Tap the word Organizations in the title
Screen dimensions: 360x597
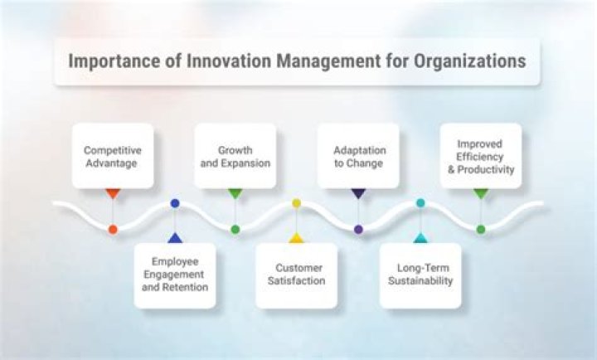click(x=468, y=61)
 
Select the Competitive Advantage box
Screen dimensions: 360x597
click(x=113, y=157)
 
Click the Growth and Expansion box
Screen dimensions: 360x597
click(x=235, y=157)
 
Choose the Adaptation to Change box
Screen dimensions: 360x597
click(x=358, y=157)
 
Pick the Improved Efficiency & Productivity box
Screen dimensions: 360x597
click(x=481, y=156)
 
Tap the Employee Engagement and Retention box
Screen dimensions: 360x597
click(x=174, y=275)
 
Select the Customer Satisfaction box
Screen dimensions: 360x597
click(x=296, y=275)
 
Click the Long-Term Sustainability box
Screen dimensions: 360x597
click(x=420, y=275)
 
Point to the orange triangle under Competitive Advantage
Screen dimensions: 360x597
click(x=113, y=193)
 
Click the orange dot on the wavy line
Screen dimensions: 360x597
click(x=113, y=229)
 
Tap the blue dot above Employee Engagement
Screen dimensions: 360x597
click(x=174, y=203)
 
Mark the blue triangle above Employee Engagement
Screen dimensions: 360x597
click(x=174, y=238)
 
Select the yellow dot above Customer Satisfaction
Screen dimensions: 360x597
click(x=296, y=203)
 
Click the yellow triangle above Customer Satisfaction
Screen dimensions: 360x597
click(x=296, y=238)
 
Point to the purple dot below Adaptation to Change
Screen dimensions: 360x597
click(x=358, y=229)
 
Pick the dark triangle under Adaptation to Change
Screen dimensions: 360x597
click(x=358, y=193)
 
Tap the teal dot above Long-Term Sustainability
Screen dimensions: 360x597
click(x=420, y=203)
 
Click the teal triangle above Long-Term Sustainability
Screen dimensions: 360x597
click(x=420, y=238)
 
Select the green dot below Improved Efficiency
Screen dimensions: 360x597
click(x=481, y=229)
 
